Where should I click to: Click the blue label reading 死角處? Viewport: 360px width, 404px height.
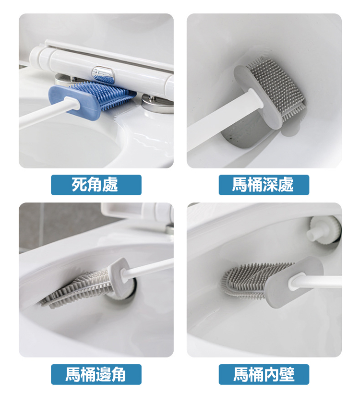pos(96,185)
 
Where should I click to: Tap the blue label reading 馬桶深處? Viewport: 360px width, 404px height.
pos(264,185)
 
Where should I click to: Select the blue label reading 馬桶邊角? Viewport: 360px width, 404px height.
pos(96,374)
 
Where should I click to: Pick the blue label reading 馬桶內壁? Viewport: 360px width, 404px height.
pos(264,374)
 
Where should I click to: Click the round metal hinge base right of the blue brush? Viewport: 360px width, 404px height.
pos(157,104)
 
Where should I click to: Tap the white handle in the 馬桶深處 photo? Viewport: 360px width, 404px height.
pos(224,121)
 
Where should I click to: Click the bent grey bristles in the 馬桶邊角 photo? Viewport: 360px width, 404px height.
pos(77,288)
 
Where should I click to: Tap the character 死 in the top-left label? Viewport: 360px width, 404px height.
pos(79,185)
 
